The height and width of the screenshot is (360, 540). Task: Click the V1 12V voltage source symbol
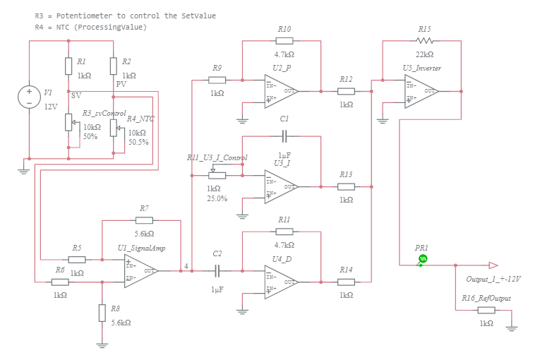pyautogui.click(x=29, y=97)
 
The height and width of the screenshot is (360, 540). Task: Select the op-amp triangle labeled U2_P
pyautogui.click(x=280, y=91)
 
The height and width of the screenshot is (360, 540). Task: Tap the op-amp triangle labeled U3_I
pyautogui.click(x=280, y=186)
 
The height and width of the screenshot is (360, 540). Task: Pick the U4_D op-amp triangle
pyautogui.click(x=280, y=282)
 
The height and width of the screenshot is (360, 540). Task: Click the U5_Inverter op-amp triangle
pyautogui.click(x=421, y=91)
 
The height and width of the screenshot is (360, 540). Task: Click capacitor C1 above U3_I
pyautogui.click(x=284, y=136)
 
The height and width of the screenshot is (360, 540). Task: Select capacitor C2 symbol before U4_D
pyautogui.click(x=217, y=271)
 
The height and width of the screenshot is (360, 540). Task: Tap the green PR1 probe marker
pyautogui.click(x=423, y=258)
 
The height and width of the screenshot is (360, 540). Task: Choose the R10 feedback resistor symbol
pyautogui.click(x=284, y=40)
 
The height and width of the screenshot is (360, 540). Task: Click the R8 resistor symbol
pyautogui.click(x=102, y=311)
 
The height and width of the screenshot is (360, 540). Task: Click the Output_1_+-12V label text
pyautogui.click(x=493, y=279)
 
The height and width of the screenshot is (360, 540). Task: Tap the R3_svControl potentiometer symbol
pyautogui.click(x=68, y=122)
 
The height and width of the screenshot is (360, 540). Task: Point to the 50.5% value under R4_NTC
pyautogui.click(x=138, y=142)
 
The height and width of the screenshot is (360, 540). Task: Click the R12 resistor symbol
pyautogui.click(x=346, y=91)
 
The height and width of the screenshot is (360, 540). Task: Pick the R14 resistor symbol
pyautogui.click(x=346, y=282)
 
